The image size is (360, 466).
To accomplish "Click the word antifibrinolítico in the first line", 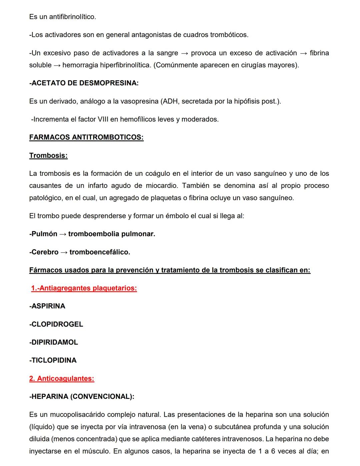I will [x=72, y=17].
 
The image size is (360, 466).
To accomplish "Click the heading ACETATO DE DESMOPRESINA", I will [x=84, y=83].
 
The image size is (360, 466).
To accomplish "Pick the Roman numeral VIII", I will [x=101, y=119].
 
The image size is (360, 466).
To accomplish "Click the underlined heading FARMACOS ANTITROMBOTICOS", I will [x=86, y=137].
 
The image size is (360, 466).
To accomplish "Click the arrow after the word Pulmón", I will [x=63, y=234].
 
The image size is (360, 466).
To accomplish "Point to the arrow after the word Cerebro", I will [x=64, y=252].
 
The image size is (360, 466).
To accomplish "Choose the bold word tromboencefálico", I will [x=100, y=252].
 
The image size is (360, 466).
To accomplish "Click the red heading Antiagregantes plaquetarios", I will [x=84, y=288].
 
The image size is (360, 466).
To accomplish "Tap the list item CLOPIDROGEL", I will [x=56, y=324].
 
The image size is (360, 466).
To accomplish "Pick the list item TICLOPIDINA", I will [x=53, y=360].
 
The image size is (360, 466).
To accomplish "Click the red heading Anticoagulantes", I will [x=62, y=379].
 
